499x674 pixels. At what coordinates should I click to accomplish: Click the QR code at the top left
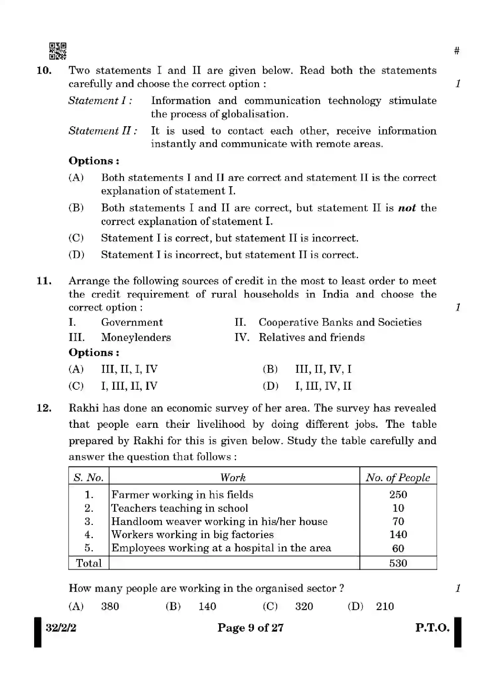point(58,51)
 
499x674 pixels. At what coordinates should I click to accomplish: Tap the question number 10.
point(44,71)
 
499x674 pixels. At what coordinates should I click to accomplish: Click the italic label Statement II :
point(103,131)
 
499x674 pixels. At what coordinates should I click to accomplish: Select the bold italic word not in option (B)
point(406,208)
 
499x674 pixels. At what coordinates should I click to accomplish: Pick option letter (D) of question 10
point(76,255)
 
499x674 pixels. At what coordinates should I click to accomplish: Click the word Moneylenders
point(136,337)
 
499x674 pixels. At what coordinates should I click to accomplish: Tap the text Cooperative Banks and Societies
point(340,322)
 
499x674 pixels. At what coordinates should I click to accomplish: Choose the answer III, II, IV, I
point(323,369)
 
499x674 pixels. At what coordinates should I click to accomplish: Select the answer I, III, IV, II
point(323,386)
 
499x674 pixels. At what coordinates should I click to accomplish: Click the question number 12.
point(44,408)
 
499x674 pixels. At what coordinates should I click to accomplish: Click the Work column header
point(233,477)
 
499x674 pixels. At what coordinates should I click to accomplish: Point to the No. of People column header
point(398,477)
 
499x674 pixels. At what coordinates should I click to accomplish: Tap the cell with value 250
point(398,495)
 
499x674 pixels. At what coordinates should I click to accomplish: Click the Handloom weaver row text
point(219,522)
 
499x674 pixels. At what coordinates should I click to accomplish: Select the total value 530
point(398,563)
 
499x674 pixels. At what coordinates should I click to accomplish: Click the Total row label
point(89,563)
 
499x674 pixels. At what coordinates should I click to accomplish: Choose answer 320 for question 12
point(304,607)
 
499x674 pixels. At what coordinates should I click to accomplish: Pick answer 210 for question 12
point(385,607)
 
